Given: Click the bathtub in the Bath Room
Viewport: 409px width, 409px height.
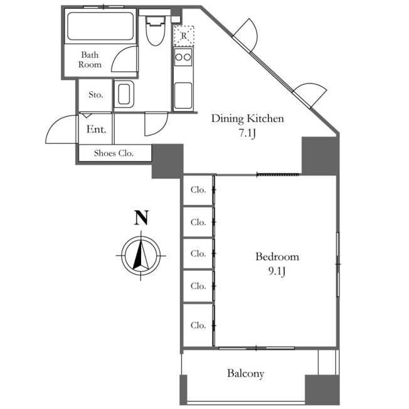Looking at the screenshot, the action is pyautogui.click(x=100, y=26).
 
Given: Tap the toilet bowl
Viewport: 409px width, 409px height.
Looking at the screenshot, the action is pyautogui.click(x=156, y=31).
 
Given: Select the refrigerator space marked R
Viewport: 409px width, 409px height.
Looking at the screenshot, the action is pyautogui.click(x=184, y=36).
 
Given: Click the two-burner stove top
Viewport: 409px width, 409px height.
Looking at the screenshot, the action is pyautogui.click(x=183, y=57).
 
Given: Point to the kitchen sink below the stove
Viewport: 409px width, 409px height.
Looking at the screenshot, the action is pyautogui.click(x=183, y=95).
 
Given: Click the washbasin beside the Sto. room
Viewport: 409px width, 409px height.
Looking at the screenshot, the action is pyautogui.click(x=124, y=94).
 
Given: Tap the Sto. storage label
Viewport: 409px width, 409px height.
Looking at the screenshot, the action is pyautogui.click(x=96, y=95).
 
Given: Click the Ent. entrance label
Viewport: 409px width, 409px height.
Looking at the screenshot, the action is pyautogui.click(x=96, y=129).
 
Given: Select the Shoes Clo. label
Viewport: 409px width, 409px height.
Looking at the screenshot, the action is pyautogui.click(x=114, y=153).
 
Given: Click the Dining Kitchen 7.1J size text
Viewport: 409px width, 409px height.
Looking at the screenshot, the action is pyautogui.click(x=247, y=134).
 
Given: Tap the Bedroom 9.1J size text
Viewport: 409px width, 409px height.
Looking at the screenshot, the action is pyautogui.click(x=277, y=271).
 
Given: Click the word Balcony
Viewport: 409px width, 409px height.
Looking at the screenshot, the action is pyautogui.click(x=245, y=373).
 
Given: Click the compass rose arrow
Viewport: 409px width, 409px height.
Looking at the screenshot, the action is pyautogui.click(x=141, y=255).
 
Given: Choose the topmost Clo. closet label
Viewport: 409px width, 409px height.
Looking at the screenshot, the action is pyautogui.click(x=198, y=189).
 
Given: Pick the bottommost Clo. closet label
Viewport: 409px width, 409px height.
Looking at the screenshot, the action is pyautogui.click(x=198, y=326).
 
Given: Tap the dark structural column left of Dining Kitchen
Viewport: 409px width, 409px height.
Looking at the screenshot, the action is pyautogui.click(x=167, y=161).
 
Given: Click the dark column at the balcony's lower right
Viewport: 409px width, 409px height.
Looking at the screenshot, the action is pyautogui.click(x=322, y=390).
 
